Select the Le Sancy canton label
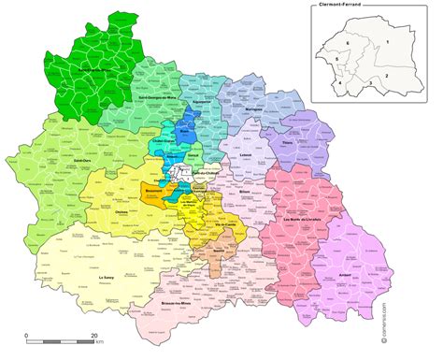tap(107, 277)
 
